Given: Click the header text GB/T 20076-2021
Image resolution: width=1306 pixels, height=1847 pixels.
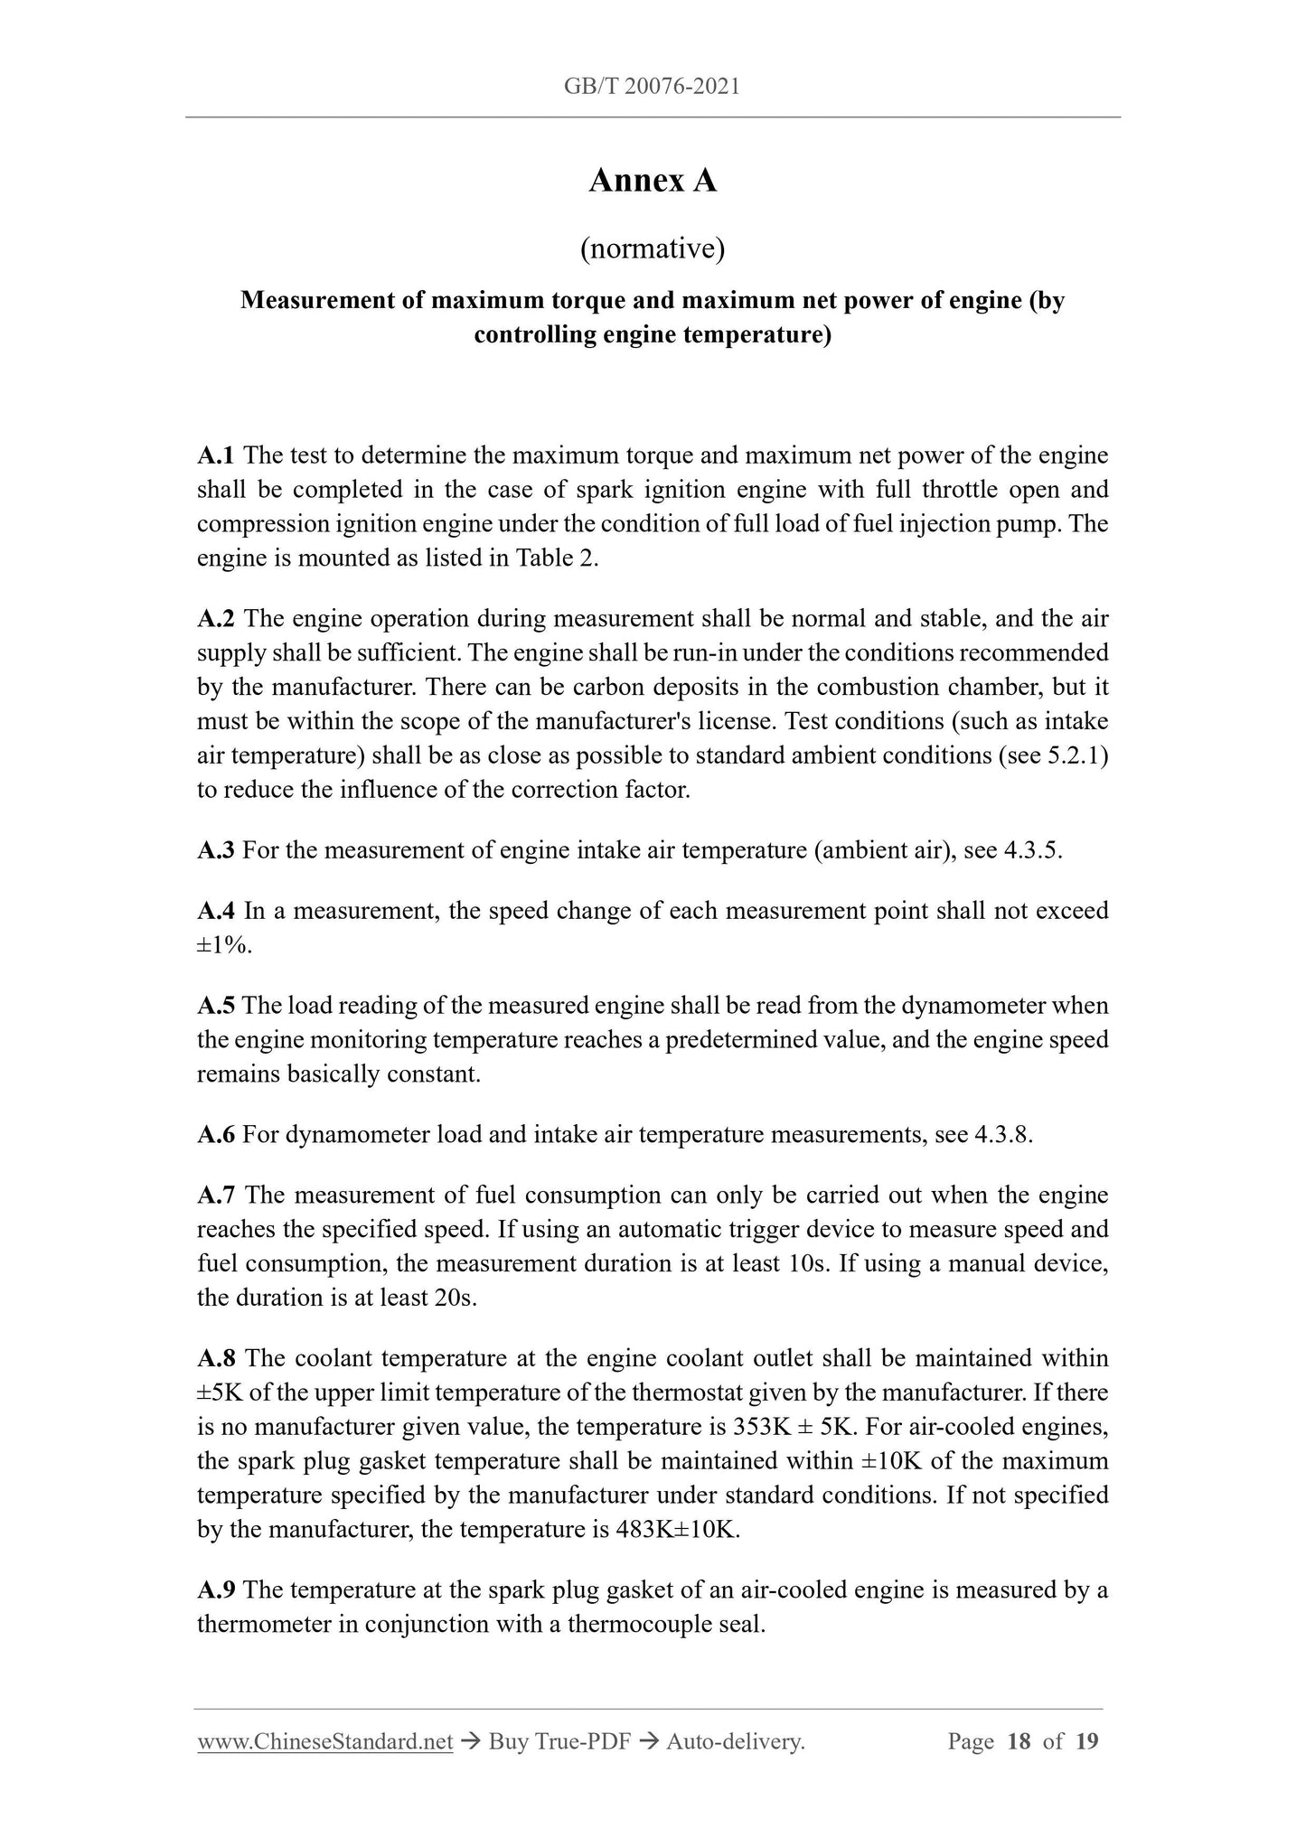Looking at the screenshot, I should [x=652, y=87].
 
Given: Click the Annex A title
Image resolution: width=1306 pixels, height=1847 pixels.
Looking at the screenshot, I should [x=652, y=181].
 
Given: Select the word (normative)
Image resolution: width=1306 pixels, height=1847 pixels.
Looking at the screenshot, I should [x=652, y=248].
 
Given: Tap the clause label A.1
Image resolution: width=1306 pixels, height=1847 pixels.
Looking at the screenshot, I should [x=216, y=455].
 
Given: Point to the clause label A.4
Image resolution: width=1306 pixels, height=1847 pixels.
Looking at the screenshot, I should [x=216, y=911].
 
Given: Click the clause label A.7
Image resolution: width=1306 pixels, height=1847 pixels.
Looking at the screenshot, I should [x=216, y=1195].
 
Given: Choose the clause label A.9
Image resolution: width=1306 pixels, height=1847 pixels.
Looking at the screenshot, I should [x=216, y=1589].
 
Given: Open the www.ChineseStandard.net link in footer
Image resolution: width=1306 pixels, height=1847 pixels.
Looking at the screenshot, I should [x=324, y=1741].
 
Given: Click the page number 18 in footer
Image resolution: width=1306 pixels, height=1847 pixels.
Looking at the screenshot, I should [x=1018, y=1741].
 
